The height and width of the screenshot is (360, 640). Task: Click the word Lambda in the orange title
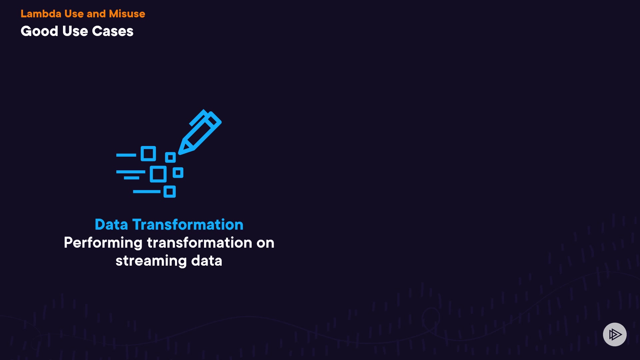41,14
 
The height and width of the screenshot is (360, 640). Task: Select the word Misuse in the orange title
127,14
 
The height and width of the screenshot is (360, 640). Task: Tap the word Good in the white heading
39,31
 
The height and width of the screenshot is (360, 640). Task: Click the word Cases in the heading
113,31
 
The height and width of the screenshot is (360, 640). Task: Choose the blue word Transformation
188,224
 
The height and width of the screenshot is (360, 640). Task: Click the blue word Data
111,224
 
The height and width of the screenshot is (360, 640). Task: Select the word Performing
103,243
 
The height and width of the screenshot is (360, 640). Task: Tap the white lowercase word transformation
199,242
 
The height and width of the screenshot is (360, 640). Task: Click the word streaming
151,261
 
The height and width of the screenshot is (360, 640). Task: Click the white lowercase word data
207,260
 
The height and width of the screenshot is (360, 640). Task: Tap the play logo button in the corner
615,334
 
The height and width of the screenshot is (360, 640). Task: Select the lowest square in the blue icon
170,192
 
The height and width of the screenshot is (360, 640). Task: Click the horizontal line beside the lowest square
147,192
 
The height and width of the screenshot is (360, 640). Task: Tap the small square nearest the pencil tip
170,157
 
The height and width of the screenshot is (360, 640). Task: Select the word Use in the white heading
75,31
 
